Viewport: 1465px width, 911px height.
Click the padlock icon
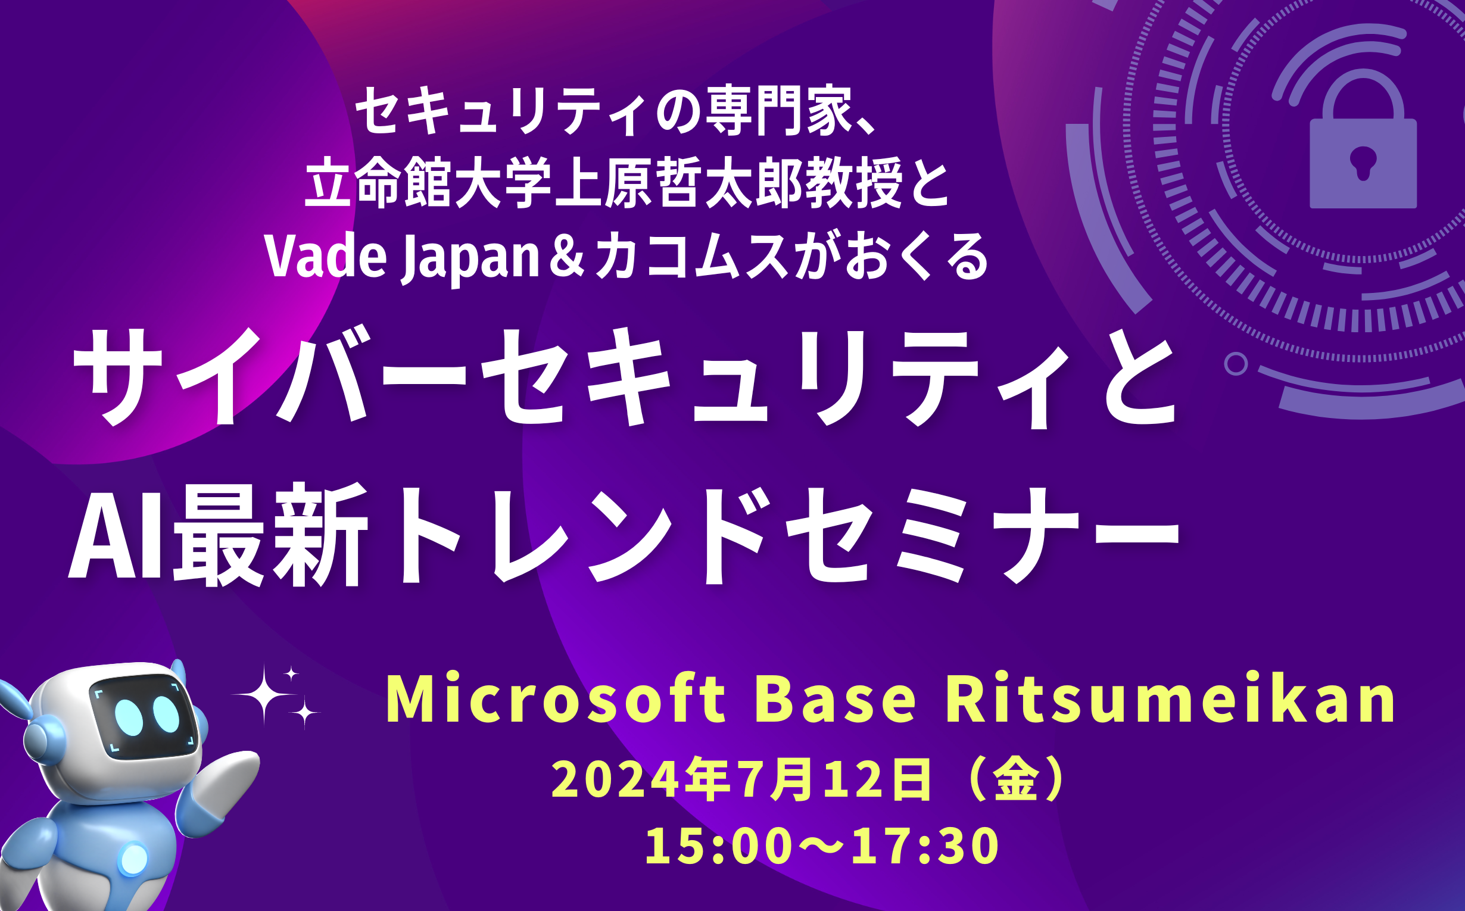1363,139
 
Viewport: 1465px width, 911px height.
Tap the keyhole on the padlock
1363,163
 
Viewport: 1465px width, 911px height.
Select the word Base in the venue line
836,700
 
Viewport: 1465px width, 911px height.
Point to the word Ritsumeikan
1170,699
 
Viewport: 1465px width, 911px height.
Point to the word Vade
325,257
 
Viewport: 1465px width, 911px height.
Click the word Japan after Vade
470,259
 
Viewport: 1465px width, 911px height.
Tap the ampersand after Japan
567,257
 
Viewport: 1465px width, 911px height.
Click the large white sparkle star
263,695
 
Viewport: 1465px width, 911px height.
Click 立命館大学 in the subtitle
428,182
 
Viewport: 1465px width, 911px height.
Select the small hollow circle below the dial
1236,364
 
